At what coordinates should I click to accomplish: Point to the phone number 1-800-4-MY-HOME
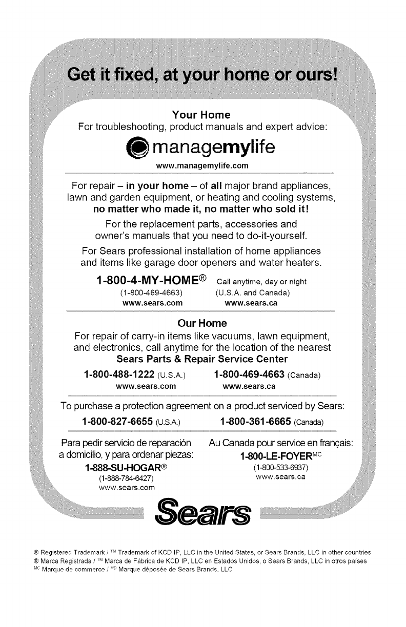(151, 281)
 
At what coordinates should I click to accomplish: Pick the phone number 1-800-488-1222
(119, 374)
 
